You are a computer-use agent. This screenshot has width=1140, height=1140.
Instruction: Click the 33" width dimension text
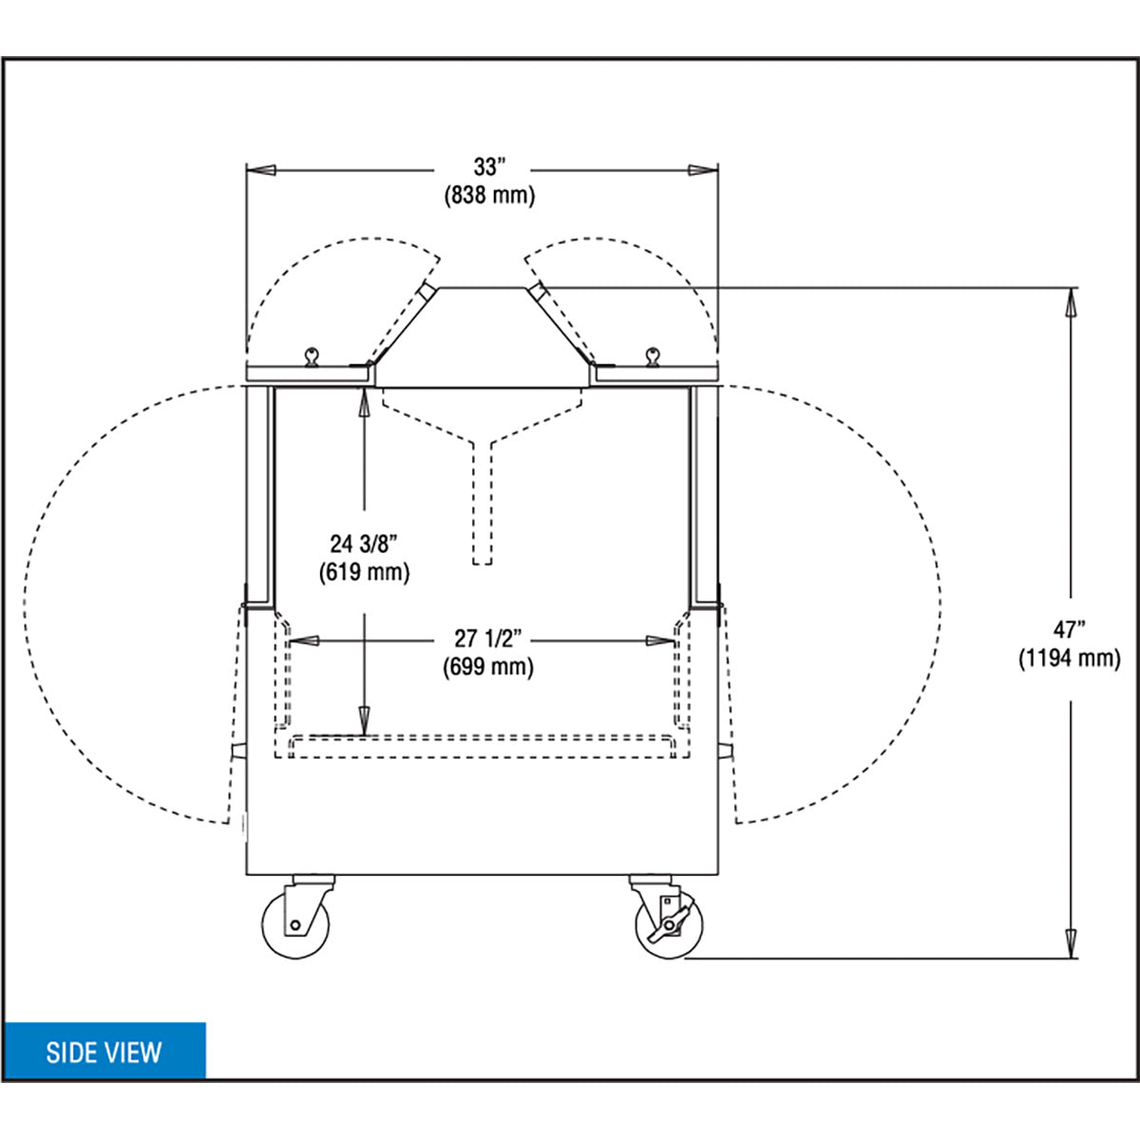pos(488,167)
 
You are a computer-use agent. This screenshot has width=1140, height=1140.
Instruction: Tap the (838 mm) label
pos(489,196)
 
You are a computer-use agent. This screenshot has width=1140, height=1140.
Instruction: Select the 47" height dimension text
pos(1069,630)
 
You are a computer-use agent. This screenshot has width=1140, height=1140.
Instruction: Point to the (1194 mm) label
pos(1069,658)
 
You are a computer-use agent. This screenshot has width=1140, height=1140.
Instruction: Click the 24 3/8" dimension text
pos(363,543)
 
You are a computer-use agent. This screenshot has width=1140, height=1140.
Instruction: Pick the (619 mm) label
pos(364,573)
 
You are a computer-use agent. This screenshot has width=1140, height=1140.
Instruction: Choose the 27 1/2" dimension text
pos(488,638)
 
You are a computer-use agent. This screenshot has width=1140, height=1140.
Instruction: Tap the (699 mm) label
pos(488,667)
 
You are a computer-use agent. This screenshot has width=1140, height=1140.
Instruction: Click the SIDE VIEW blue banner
pos(105,1050)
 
